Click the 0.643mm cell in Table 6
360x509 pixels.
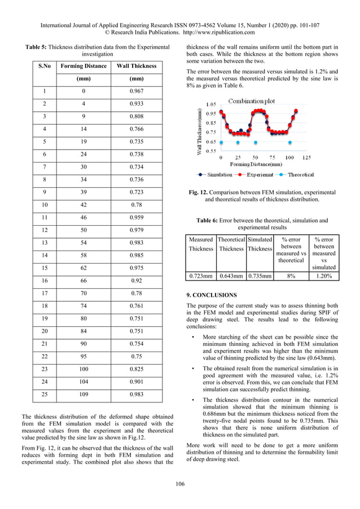(231, 276)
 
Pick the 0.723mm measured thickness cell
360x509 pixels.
(201, 276)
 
